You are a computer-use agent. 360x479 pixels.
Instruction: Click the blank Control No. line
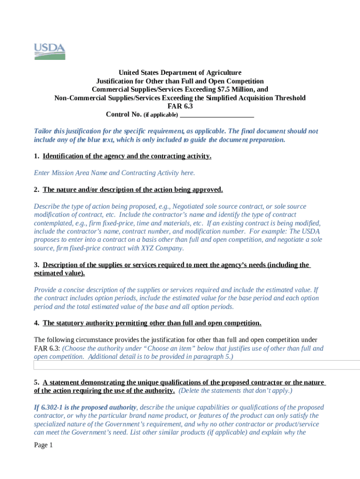(216, 115)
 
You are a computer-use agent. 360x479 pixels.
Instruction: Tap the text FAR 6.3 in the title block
(180, 106)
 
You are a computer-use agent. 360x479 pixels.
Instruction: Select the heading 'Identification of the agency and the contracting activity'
(127, 156)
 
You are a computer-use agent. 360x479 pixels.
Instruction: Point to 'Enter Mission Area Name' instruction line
(115, 173)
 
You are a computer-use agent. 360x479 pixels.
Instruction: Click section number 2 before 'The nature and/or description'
(36, 190)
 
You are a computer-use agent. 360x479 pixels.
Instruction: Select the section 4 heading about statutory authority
(152, 323)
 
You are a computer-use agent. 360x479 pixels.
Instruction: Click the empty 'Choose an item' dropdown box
(196, 365)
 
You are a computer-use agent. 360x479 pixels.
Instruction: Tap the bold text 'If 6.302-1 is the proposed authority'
(86, 407)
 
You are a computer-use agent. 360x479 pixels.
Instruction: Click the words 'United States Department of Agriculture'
(180, 73)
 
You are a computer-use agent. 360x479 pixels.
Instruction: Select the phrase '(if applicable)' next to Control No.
(160, 115)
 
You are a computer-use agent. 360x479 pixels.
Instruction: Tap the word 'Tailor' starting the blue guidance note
(43, 131)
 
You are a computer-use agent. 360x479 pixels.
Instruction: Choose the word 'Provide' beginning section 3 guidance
(46, 290)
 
